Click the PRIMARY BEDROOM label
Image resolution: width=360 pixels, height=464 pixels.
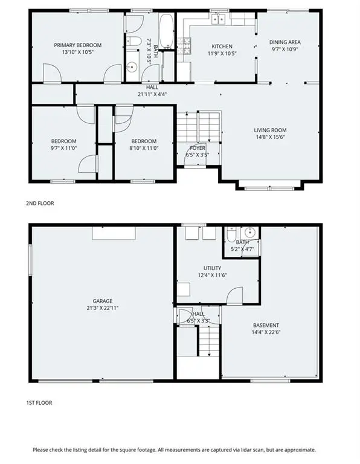tap(77, 45)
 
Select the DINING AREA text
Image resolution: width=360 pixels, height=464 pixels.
tap(285, 42)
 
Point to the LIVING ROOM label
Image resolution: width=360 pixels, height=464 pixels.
tap(269, 130)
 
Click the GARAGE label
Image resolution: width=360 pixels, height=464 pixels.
tap(103, 301)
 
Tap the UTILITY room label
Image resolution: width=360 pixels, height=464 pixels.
tap(212, 268)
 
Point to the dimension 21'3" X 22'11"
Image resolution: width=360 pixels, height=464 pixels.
tap(103, 308)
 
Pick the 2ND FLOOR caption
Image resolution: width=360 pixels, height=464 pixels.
tap(40, 204)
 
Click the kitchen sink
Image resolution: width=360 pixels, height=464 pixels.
tap(218, 20)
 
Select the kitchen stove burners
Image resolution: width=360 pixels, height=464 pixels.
tap(187, 43)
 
